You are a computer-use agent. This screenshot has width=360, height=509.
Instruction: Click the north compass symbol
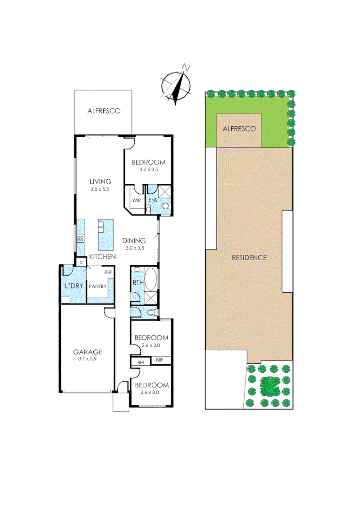coord(177,85)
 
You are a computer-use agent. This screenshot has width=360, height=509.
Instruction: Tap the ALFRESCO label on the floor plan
coord(104,111)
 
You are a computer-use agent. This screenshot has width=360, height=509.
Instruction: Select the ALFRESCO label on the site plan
coord(239,129)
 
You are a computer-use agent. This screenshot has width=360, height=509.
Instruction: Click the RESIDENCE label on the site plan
coord(249,258)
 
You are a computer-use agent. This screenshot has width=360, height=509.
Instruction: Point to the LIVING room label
coord(100,181)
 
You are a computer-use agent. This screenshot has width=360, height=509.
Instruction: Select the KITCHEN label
coord(103,257)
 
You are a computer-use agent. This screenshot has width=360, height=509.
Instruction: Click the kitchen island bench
coord(106,235)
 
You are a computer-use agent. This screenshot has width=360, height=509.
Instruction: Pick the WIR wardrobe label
coord(137,200)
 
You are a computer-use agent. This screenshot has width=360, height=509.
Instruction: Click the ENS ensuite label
coord(153,200)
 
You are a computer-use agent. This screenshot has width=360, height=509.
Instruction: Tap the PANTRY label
coord(97,286)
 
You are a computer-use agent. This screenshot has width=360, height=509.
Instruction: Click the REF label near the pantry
coord(108,272)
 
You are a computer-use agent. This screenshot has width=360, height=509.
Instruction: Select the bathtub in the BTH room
coord(151,279)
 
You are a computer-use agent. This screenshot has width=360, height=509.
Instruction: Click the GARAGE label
coord(87,352)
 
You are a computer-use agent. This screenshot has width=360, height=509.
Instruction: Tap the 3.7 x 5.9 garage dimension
coord(87,359)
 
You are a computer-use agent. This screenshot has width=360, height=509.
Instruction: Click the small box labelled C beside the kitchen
coord(81,262)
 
